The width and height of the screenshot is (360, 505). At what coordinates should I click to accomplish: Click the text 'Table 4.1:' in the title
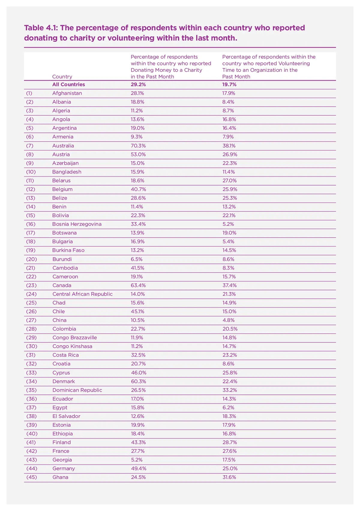point(41,28)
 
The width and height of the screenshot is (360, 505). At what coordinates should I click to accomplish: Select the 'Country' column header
point(62,77)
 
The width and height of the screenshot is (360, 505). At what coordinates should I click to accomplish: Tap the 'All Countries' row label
point(68,85)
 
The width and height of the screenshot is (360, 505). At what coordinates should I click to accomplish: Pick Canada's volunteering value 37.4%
point(229,285)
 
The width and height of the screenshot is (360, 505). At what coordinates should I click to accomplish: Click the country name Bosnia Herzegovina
point(77,224)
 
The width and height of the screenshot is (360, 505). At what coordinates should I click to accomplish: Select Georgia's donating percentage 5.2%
point(136,460)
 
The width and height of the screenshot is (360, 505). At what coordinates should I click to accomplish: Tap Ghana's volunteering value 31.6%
point(229,477)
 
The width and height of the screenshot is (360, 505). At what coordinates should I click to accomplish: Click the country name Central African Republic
point(82,294)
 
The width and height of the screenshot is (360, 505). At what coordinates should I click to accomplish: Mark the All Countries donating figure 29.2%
point(138,85)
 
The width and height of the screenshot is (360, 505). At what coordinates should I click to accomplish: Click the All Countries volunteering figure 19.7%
point(229,85)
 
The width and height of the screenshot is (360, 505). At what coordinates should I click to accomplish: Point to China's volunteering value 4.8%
point(228,320)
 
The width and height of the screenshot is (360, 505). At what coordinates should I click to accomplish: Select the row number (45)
point(31,477)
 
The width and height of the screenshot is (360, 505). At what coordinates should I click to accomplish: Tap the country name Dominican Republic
point(77,390)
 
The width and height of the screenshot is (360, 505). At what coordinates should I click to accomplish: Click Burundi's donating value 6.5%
point(136,259)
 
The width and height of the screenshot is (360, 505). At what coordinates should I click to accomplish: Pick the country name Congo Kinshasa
point(72,346)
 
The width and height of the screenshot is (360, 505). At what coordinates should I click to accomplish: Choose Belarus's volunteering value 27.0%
point(229,180)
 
